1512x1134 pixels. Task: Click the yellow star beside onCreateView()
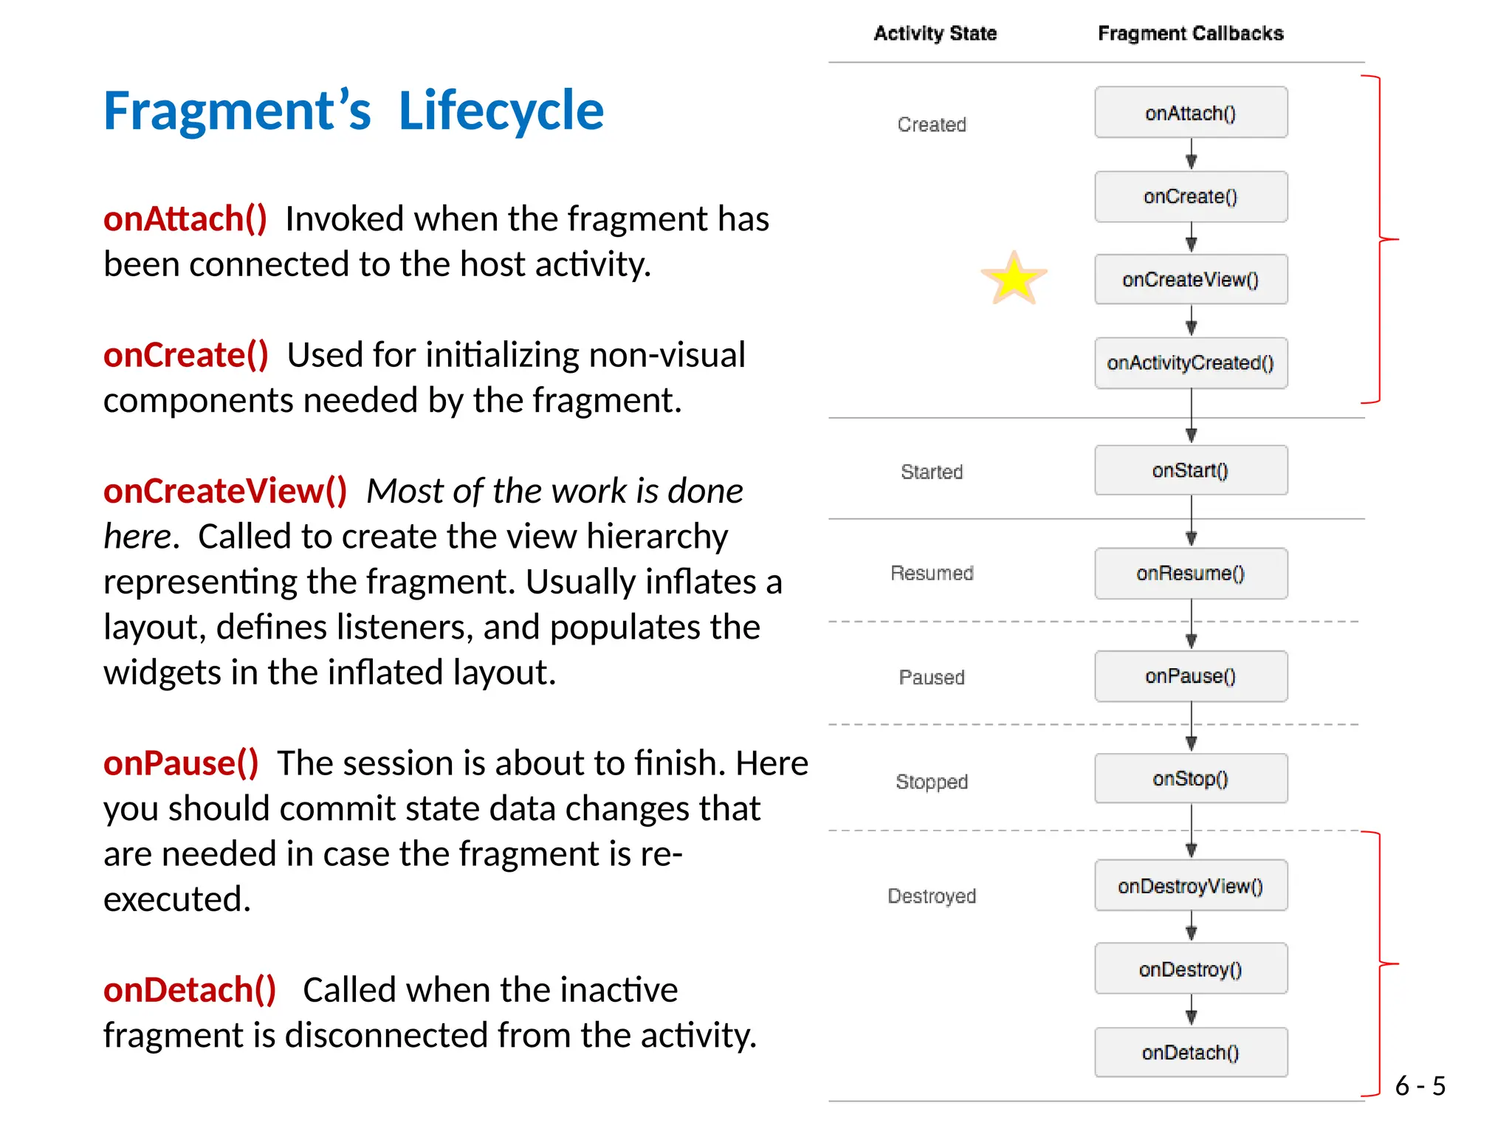pos(1014,279)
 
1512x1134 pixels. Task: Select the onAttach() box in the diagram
pos(1190,113)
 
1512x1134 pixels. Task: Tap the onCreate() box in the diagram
pos(1190,196)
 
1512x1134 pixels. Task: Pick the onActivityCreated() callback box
pos(1190,362)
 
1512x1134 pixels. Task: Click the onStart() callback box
pos(1190,470)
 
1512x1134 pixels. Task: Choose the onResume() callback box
pos(1190,573)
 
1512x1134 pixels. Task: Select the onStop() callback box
pos(1190,778)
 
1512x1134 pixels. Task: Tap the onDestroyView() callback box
pos(1190,885)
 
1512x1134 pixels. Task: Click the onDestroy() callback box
pos(1190,969)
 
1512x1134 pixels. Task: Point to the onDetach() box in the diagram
pos(1190,1052)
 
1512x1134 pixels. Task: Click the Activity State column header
pos(935,33)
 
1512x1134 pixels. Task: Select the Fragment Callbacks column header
pos(1190,33)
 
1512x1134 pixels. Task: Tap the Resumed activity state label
pos(932,573)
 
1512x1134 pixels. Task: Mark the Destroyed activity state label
pos(932,896)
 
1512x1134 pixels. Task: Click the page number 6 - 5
pos(1420,1085)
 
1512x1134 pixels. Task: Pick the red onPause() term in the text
pos(181,763)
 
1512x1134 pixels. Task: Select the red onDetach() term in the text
pos(190,989)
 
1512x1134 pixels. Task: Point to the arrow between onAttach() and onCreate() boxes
pos(1191,154)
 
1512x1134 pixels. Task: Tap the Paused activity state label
pos(932,677)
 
